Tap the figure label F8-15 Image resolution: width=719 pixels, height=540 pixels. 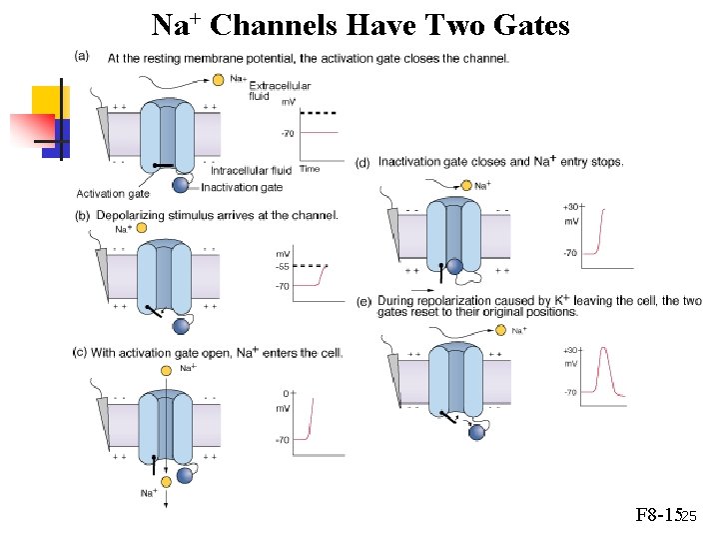click(658, 517)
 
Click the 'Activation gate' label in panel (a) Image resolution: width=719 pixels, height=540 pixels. click(113, 193)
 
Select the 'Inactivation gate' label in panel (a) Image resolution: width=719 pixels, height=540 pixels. click(242, 187)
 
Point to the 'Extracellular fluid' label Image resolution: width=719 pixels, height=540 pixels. click(279, 90)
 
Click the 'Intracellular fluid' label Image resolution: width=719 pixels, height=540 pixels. click(251, 170)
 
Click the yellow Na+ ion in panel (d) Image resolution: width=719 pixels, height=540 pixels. click(465, 185)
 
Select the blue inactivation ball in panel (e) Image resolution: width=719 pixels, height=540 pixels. click(477, 432)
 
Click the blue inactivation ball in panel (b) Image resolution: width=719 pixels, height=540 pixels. click(181, 325)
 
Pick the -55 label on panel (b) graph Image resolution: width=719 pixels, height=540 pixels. click(283, 267)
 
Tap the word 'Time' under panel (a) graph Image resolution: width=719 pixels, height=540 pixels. click(310, 169)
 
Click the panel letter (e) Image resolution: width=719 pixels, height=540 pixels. click(363, 300)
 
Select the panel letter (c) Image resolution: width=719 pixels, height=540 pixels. click(80, 352)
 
